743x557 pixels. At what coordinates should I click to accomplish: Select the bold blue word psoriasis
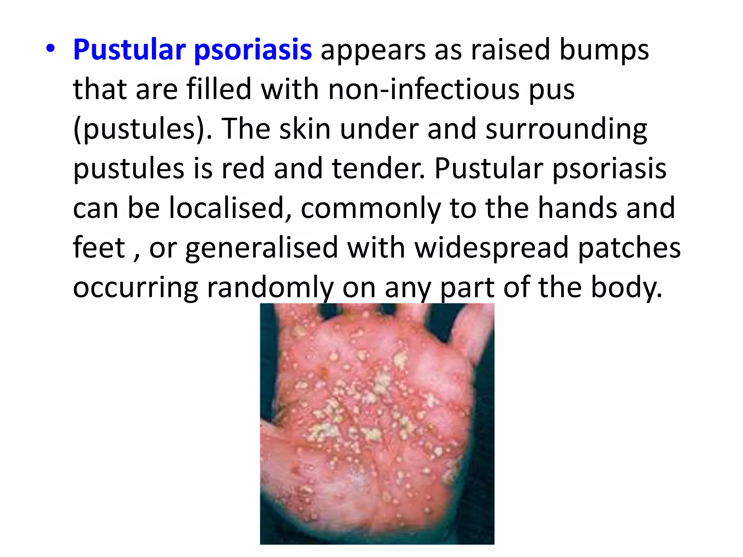coord(253,50)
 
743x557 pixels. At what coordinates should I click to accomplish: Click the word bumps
coord(604,51)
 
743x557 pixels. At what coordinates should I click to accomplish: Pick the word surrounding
coord(566,129)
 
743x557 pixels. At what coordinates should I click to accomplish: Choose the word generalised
coord(262,248)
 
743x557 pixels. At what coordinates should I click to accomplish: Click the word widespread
coord(492,248)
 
